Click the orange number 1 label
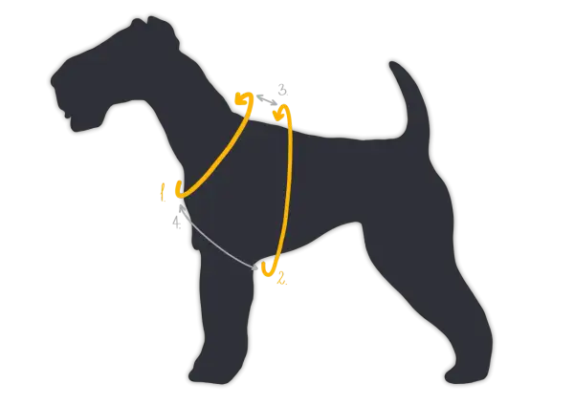point(163,192)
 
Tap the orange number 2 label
point(282,278)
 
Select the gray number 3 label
point(282,90)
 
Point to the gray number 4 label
point(177,223)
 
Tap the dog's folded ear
point(161,30)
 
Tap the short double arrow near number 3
point(267,99)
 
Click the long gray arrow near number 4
point(217,237)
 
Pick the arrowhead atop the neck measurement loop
point(242,98)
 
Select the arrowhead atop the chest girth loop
point(281,112)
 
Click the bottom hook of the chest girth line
point(268,269)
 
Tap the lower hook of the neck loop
point(180,190)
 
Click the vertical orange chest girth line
point(290,182)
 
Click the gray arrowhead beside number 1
point(181,207)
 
